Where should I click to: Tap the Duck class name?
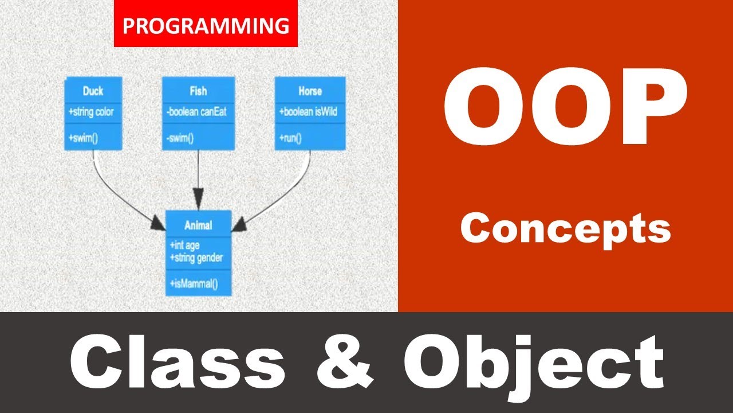point(93,91)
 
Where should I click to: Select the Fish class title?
point(198,91)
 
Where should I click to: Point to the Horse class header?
point(310,91)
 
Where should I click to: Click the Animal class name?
point(198,225)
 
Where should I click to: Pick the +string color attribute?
point(91,112)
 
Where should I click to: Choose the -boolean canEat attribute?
point(196,112)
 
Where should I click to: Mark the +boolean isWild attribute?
point(309,112)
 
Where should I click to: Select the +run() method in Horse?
point(291,138)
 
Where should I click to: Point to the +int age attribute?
point(184,245)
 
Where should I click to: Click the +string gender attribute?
point(196,258)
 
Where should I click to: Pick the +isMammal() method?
point(194,283)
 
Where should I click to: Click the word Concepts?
point(565,229)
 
